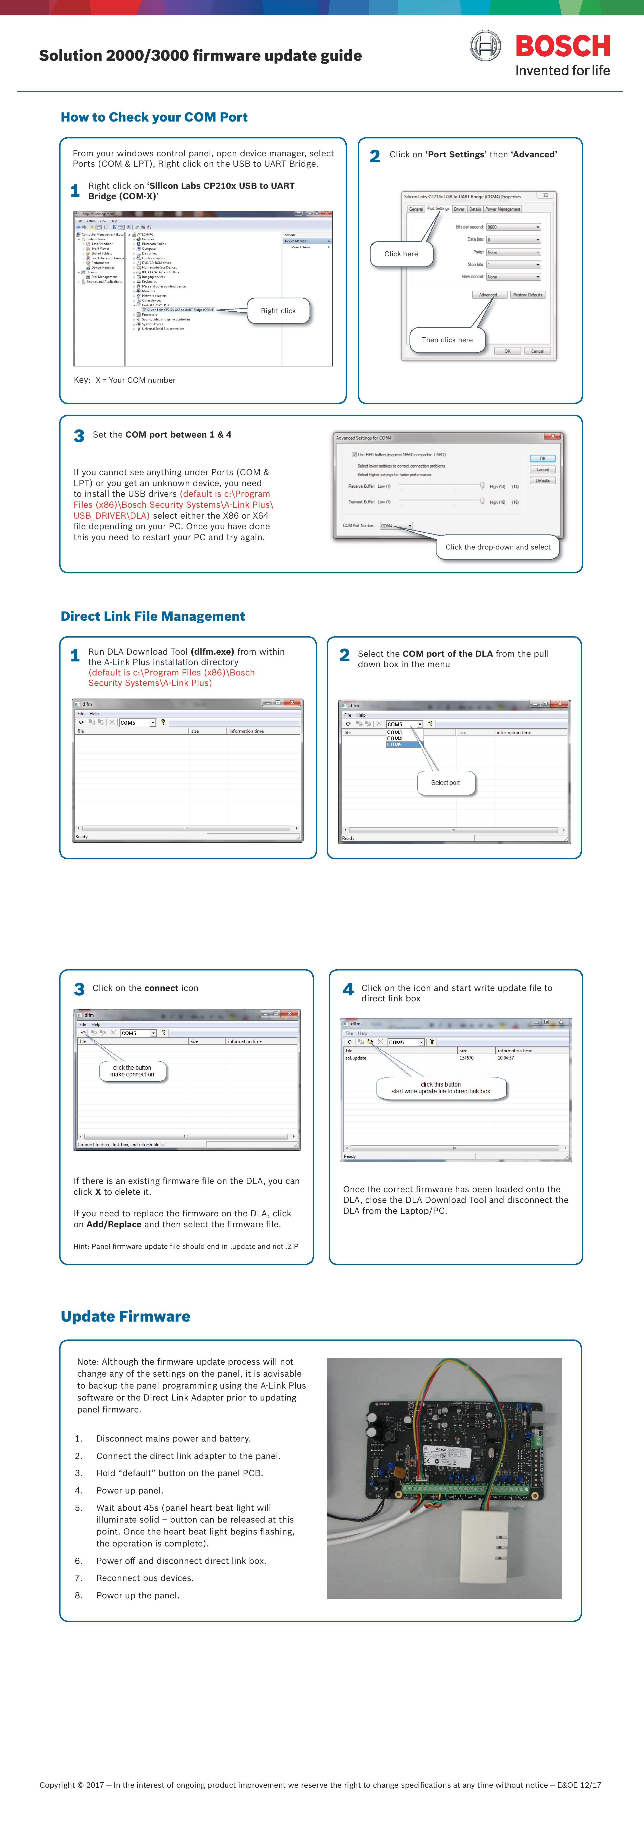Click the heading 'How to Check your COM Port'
(x=154, y=117)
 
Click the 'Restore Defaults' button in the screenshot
(x=527, y=295)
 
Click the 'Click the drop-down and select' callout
(x=498, y=547)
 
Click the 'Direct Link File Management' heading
(x=153, y=616)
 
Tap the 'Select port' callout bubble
(x=445, y=782)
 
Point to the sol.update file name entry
(x=356, y=1058)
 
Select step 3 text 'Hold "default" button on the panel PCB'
(x=179, y=1473)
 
